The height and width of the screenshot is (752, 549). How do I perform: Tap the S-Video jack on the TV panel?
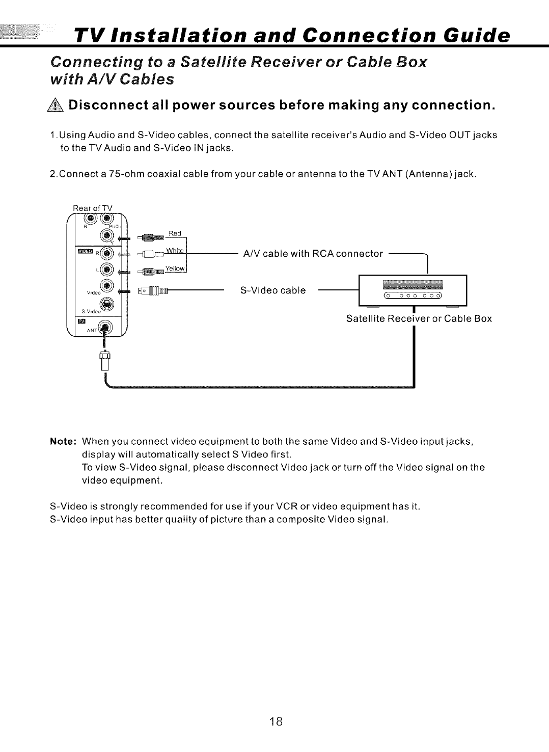[107, 305]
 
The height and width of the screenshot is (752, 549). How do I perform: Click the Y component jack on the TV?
[107, 235]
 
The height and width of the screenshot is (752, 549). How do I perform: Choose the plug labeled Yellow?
[149, 271]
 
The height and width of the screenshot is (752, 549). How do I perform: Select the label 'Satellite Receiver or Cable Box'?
[419, 319]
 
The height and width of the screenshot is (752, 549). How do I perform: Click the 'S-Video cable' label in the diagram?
[273, 290]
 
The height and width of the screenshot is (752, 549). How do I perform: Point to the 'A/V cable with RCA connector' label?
[313, 254]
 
